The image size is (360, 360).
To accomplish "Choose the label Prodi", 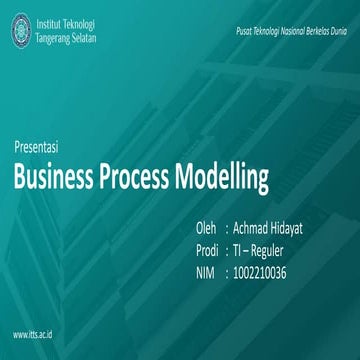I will [x=209, y=250].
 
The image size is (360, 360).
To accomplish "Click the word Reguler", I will [x=288, y=250].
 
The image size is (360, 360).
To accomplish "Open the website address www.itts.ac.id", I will [x=34, y=331].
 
